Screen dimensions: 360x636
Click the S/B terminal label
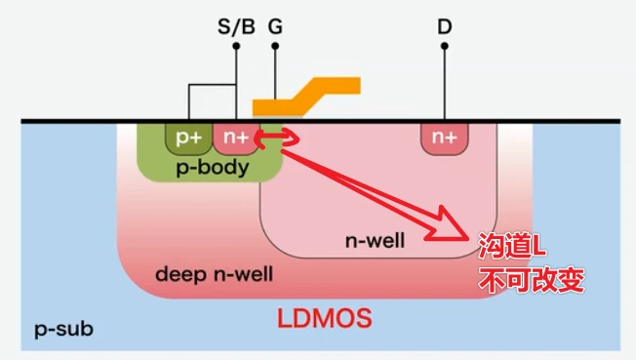235,26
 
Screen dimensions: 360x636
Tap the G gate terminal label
276,26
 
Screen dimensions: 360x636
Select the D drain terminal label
444,26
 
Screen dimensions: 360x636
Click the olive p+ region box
188,139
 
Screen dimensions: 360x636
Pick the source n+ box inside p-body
234,139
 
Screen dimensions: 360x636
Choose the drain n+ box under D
444,139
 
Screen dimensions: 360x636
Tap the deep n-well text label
215,274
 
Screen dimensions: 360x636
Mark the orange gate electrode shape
304,97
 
